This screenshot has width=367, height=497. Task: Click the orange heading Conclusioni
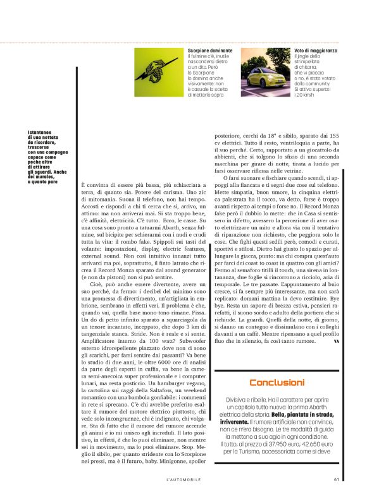coord(277,383)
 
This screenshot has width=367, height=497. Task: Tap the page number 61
coord(337,478)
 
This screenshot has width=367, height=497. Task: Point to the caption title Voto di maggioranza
coord(315,50)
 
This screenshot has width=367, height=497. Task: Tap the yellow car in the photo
coord(266,75)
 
